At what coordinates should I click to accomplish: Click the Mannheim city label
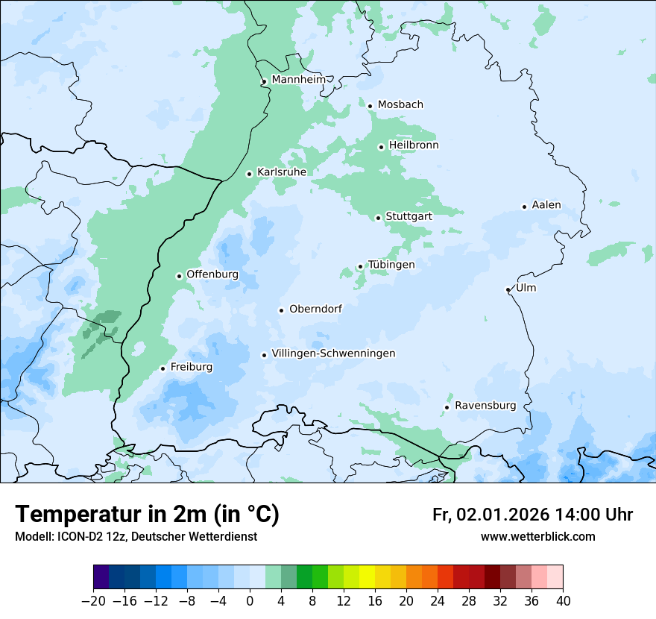click(x=298, y=80)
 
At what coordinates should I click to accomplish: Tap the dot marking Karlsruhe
click(x=250, y=174)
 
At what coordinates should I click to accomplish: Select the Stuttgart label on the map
click(x=409, y=216)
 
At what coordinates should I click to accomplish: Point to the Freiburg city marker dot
click(x=163, y=368)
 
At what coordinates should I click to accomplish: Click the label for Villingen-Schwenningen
click(x=333, y=354)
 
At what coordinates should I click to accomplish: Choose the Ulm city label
click(x=526, y=288)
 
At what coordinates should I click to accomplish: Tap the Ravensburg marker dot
click(x=447, y=407)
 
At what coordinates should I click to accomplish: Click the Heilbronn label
click(x=414, y=145)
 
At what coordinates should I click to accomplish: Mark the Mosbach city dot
click(x=370, y=106)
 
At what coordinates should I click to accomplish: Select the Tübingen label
click(x=391, y=265)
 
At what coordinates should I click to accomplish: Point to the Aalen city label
click(x=546, y=205)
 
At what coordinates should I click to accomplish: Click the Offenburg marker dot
click(x=179, y=276)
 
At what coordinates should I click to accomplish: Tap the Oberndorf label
click(x=315, y=309)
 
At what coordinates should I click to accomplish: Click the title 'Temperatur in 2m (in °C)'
click(x=147, y=515)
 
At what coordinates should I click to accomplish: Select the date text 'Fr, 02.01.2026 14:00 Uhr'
click(x=532, y=515)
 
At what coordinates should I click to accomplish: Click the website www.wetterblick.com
click(x=537, y=537)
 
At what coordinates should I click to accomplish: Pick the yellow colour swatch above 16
click(x=367, y=577)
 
